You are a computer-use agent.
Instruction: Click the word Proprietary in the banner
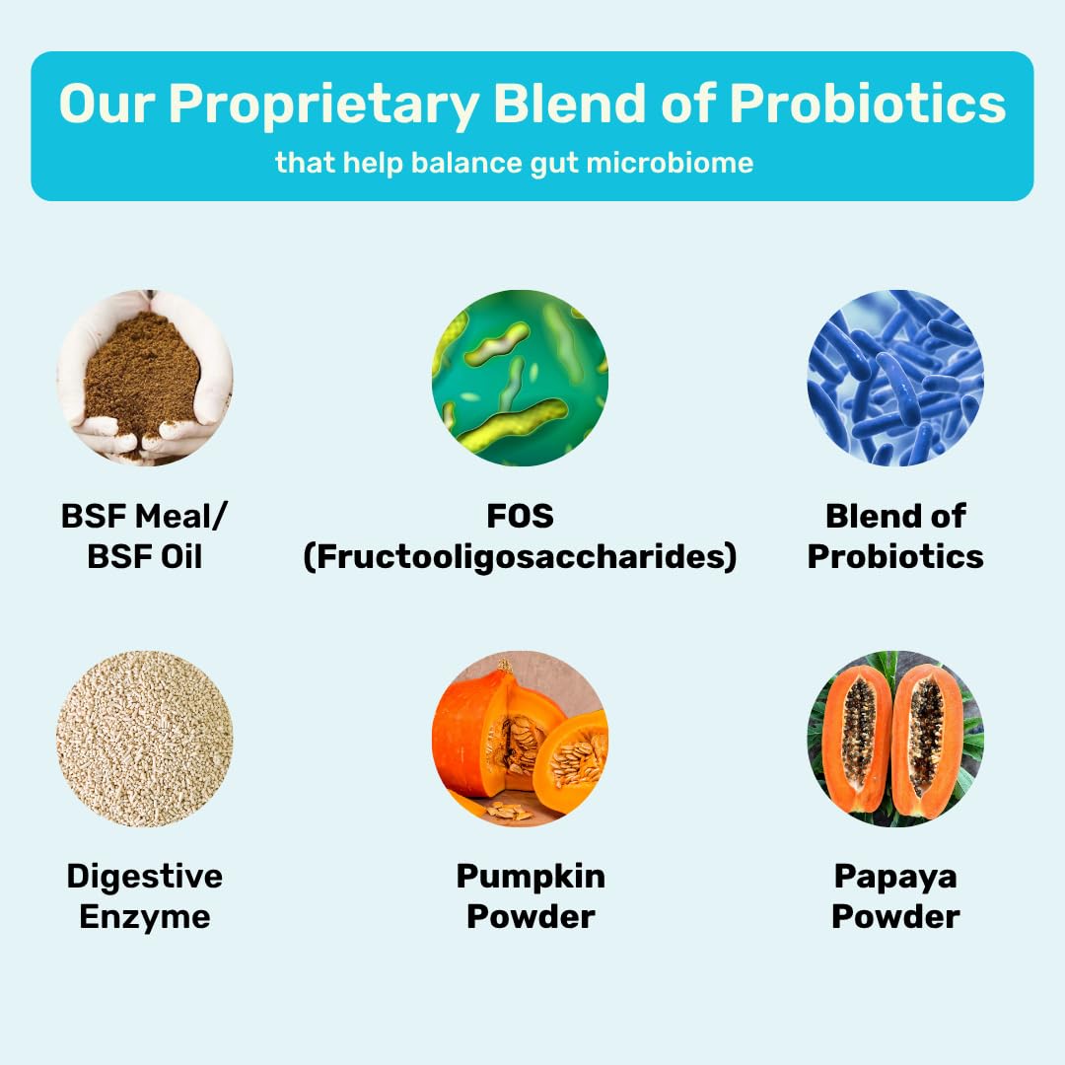(324, 105)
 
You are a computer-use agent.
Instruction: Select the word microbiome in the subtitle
(670, 163)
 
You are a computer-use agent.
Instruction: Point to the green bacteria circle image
(520, 378)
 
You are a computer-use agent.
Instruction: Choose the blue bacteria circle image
(895, 378)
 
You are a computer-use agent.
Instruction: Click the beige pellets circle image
(144, 739)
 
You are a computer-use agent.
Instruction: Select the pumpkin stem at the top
(505, 666)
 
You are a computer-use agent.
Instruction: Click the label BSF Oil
(145, 557)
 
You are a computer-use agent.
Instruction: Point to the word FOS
(521, 516)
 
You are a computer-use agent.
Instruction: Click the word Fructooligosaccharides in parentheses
(521, 557)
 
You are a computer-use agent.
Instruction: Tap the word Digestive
(145, 877)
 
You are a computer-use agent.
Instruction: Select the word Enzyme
(145, 918)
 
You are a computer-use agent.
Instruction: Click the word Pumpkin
(531, 877)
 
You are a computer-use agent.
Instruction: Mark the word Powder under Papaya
(895, 917)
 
